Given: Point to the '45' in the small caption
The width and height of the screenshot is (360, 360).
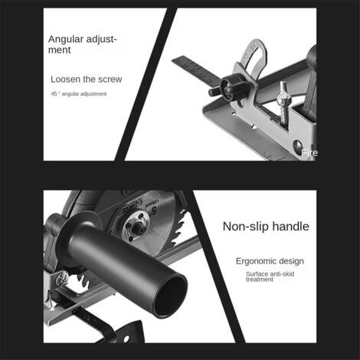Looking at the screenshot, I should (54, 93).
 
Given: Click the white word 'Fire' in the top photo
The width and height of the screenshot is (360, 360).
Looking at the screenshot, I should (309, 153).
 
